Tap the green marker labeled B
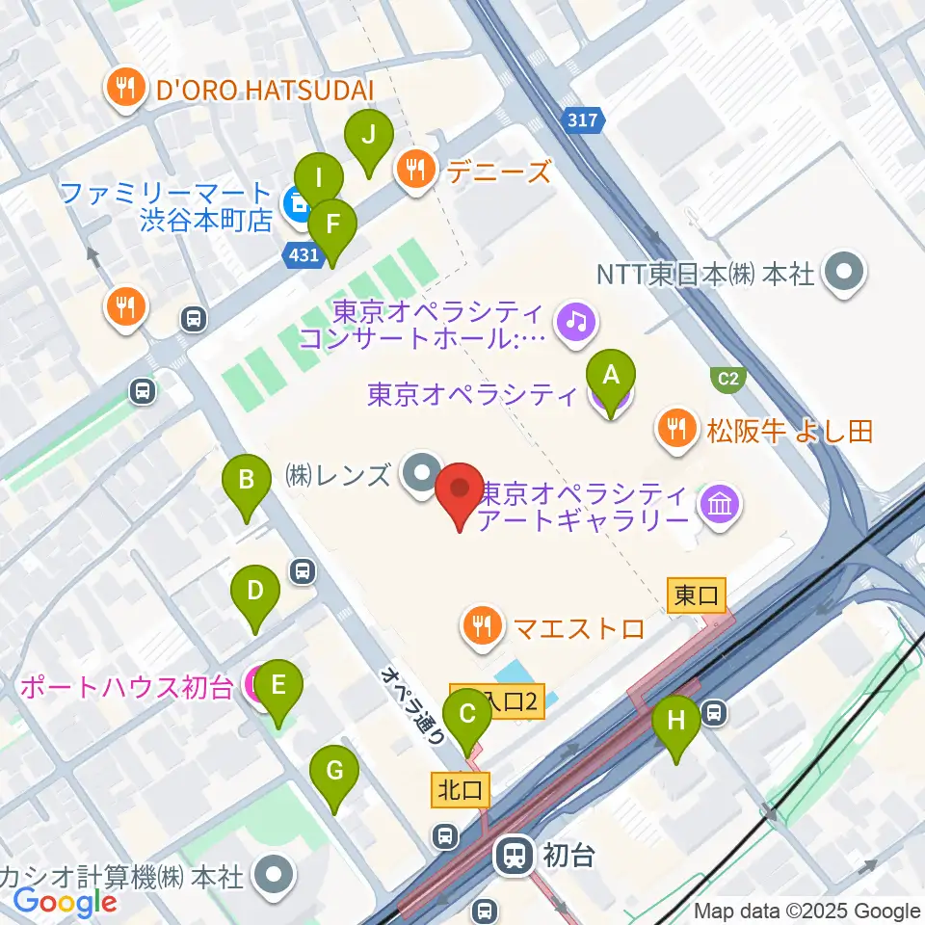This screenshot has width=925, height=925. click(247, 479)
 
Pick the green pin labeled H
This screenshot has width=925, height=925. click(676, 720)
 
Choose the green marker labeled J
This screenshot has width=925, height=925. click(367, 135)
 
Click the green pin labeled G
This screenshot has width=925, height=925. click(334, 771)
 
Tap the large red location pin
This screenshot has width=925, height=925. click(460, 488)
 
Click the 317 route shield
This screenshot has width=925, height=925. click(582, 120)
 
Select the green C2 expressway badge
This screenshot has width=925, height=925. click(728, 379)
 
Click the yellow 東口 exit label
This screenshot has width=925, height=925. click(696, 596)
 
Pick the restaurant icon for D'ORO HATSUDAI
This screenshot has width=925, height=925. click(125, 91)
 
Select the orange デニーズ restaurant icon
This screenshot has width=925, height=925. click(416, 172)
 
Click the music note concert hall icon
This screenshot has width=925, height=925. click(575, 320)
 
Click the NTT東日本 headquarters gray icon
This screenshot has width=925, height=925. click(845, 274)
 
